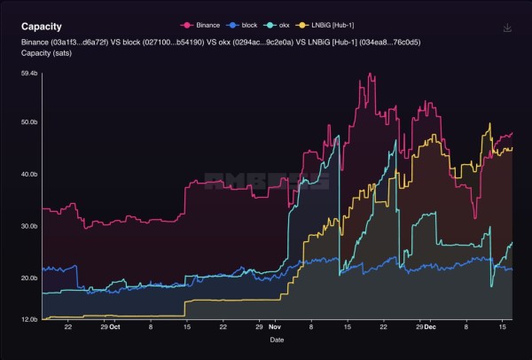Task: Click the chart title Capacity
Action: tap(42, 27)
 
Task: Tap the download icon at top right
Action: tap(507, 27)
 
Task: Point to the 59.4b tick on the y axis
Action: tap(29, 74)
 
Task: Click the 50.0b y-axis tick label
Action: tap(29, 122)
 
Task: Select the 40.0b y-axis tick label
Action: tap(29, 175)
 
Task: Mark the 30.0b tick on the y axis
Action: tap(29, 226)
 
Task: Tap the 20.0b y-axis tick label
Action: tap(29, 278)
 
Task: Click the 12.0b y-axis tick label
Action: tap(29, 319)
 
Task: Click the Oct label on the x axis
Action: tap(116, 326)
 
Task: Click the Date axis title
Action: tap(278, 340)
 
